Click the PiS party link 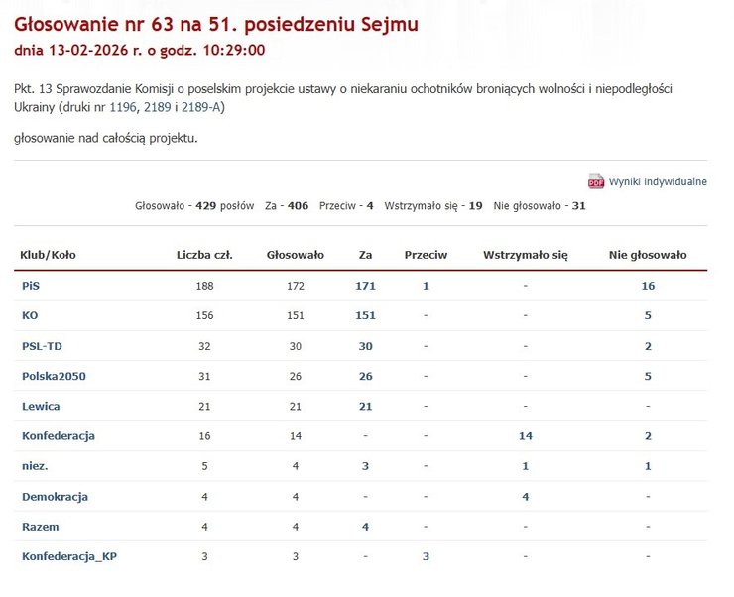tap(30, 286)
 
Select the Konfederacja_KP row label tap(57, 556)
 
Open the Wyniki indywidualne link tap(658, 181)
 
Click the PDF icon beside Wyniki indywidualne tap(596, 181)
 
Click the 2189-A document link tap(202, 107)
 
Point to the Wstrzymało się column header tap(525, 255)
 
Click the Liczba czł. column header tap(204, 255)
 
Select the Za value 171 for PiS tap(365, 286)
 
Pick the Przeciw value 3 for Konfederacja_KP tap(426, 556)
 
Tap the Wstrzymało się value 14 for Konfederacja tap(525, 436)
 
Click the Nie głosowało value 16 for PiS tap(648, 286)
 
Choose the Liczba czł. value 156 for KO tap(204, 315)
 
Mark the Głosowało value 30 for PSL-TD tap(296, 346)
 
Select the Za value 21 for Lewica tap(365, 406)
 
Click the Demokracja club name tap(55, 496)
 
